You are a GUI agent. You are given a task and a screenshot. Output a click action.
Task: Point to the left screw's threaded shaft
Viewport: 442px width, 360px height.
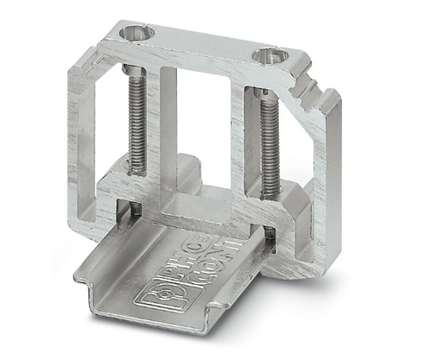pyautogui.click(x=136, y=121)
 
